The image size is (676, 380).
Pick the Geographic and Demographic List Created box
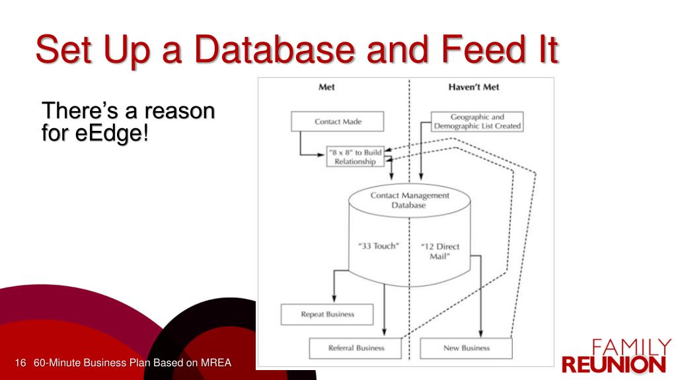pyautogui.click(x=477, y=122)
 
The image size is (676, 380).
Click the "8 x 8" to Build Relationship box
pyautogui.click(x=355, y=157)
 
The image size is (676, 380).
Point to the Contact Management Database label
pyautogui.click(x=410, y=200)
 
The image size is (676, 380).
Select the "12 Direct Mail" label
pyautogui.click(x=440, y=251)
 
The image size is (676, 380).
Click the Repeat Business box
pyautogui.click(x=327, y=315)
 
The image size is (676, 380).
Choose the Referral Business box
pyautogui.click(x=356, y=348)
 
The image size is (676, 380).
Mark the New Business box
pyautogui.click(x=465, y=348)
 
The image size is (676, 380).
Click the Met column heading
pyautogui.click(x=326, y=87)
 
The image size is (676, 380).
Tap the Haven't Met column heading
pyautogui.click(x=474, y=87)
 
